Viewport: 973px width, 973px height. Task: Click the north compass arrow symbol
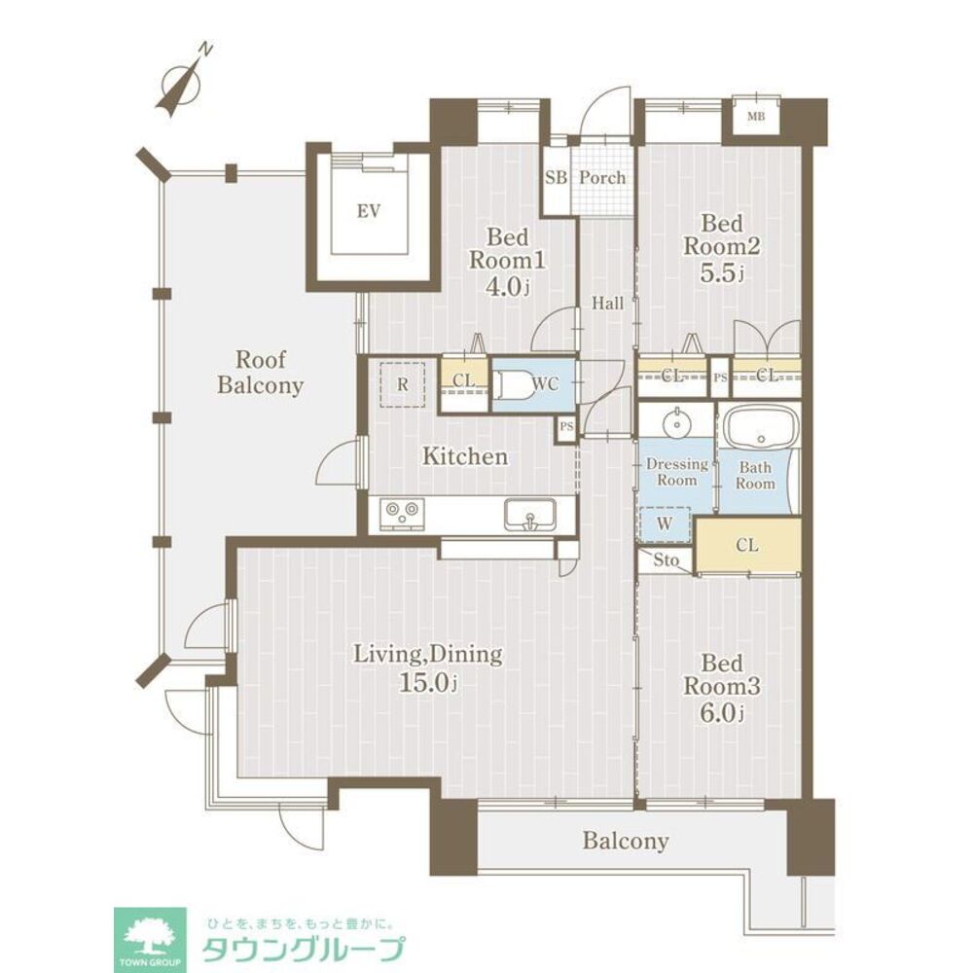(182, 81)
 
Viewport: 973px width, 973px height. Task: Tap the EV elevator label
(367, 209)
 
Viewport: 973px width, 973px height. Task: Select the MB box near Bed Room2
(756, 118)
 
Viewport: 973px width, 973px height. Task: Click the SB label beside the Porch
(556, 178)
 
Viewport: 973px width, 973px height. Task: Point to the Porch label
(602, 178)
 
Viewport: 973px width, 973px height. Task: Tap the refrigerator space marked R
(402, 383)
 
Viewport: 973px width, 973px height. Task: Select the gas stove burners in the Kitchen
(402, 511)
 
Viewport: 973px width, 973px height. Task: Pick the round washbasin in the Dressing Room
(675, 423)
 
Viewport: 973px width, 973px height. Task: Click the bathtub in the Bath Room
(759, 428)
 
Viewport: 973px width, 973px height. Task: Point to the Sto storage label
(666, 559)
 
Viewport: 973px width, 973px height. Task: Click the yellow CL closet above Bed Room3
(748, 545)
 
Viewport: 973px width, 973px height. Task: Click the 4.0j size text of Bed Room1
(507, 287)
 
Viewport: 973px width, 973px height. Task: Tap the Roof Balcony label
(260, 373)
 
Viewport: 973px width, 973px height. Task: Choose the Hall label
(608, 304)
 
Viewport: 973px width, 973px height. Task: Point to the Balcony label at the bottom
(626, 841)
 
